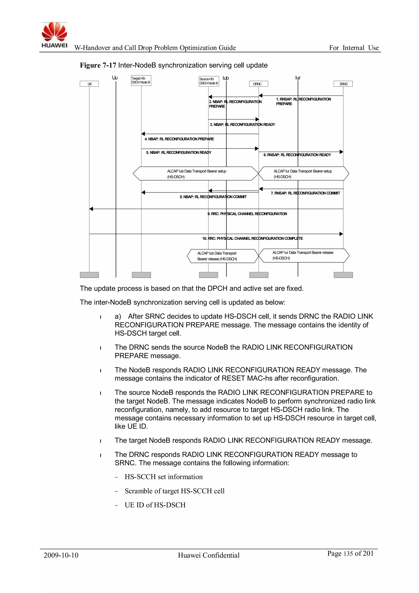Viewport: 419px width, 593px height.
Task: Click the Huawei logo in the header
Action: coord(54,35)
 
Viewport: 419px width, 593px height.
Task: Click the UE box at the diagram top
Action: coord(89,84)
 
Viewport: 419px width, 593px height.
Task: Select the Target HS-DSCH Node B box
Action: coord(141,80)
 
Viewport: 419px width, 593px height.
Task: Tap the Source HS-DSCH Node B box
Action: coord(209,81)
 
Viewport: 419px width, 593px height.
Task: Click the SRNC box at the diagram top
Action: coord(343,84)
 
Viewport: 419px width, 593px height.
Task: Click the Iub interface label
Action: coord(225,78)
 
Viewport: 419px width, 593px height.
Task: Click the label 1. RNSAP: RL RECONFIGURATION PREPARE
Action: coord(303,101)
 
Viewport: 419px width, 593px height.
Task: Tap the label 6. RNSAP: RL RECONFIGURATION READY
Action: coord(297,155)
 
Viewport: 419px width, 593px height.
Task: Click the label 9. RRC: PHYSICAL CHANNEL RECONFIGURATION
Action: coord(247,214)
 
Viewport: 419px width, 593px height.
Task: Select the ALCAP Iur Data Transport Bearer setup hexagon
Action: coord(303,173)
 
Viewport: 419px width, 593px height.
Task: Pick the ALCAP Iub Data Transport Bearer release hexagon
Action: coord(222,256)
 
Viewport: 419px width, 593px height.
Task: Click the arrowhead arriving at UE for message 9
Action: coord(91,209)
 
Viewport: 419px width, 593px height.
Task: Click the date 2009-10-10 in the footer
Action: coord(61,555)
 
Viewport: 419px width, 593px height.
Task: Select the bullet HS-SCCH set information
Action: coord(164,476)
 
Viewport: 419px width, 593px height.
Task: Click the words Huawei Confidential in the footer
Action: coord(208,555)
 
